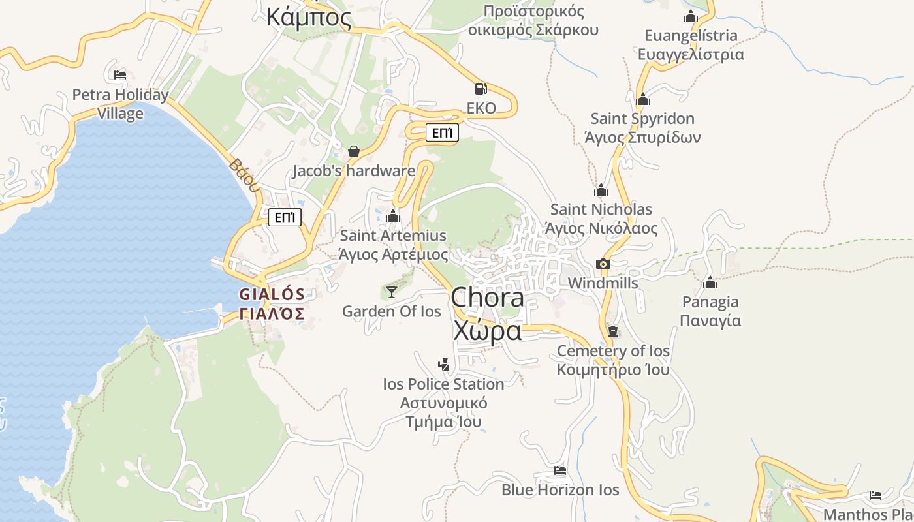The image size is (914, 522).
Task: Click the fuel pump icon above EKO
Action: click(x=481, y=89)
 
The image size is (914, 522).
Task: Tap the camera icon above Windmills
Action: click(x=603, y=264)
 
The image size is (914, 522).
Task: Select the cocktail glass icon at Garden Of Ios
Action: click(x=391, y=292)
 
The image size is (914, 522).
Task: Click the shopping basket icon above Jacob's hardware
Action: click(x=354, y=151)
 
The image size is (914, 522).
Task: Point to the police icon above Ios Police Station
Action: click(x=443, y=365)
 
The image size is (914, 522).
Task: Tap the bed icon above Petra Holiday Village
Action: click(x=120, y=75)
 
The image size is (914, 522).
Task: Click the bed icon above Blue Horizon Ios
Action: click(x=559, y=470)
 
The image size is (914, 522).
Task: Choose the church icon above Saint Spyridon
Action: click(x=643, y=100)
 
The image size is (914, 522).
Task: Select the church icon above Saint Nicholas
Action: click(x=601, y=191)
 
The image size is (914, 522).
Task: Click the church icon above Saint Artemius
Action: click(x=393, y=216)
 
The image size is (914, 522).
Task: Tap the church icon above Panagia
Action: click(x=710, y=283)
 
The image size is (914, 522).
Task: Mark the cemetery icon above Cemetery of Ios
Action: click(x=612, y=331)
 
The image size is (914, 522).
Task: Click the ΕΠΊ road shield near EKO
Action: click(x=442, y=133)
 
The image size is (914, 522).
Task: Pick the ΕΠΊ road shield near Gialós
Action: click(x=285, y=217)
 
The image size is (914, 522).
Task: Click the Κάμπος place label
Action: click(x=309, y=17)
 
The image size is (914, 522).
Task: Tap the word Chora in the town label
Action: click(x=487, y=298)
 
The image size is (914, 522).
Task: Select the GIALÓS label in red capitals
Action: click(x=272, y=294)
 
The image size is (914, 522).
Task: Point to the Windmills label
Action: click(x=603, y=283)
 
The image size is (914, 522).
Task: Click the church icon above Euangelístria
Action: click(x=690, y=17)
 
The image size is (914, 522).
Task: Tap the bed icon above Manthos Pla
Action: click(x=875, y=495)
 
